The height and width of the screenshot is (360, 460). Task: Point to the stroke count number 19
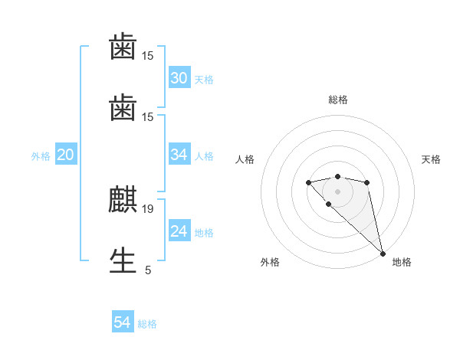tap(149, 208)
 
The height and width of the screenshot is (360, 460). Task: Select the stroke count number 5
tap(148, 270)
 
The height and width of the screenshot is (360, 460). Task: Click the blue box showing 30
tap(179, 78)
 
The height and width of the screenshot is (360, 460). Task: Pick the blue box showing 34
tap(179, 155)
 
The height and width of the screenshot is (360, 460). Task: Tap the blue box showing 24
tap(179, 231)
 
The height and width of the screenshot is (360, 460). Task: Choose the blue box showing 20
tap(65, 155)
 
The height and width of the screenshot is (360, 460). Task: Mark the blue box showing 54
tap(123, 323)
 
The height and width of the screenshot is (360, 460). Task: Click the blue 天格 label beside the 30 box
tap(204, 80)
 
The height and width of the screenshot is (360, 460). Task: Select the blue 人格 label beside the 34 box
tap(204, 156)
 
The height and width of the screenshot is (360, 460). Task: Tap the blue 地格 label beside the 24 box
tap(204, 233)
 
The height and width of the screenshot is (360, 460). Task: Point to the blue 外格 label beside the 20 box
tap(41, 156)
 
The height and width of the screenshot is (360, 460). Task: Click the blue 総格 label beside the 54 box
tap(147, 324)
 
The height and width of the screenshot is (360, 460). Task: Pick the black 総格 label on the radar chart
tap(338, 100)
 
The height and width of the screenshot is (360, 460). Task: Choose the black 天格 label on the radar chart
tap(432, 159)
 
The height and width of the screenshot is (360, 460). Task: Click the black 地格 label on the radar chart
tap(402, 262)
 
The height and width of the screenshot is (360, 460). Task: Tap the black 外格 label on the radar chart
tap(270, 262)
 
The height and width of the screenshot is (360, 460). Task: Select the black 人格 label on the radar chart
tap(245, 159)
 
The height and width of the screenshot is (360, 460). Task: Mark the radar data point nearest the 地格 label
tap(383, 253)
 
